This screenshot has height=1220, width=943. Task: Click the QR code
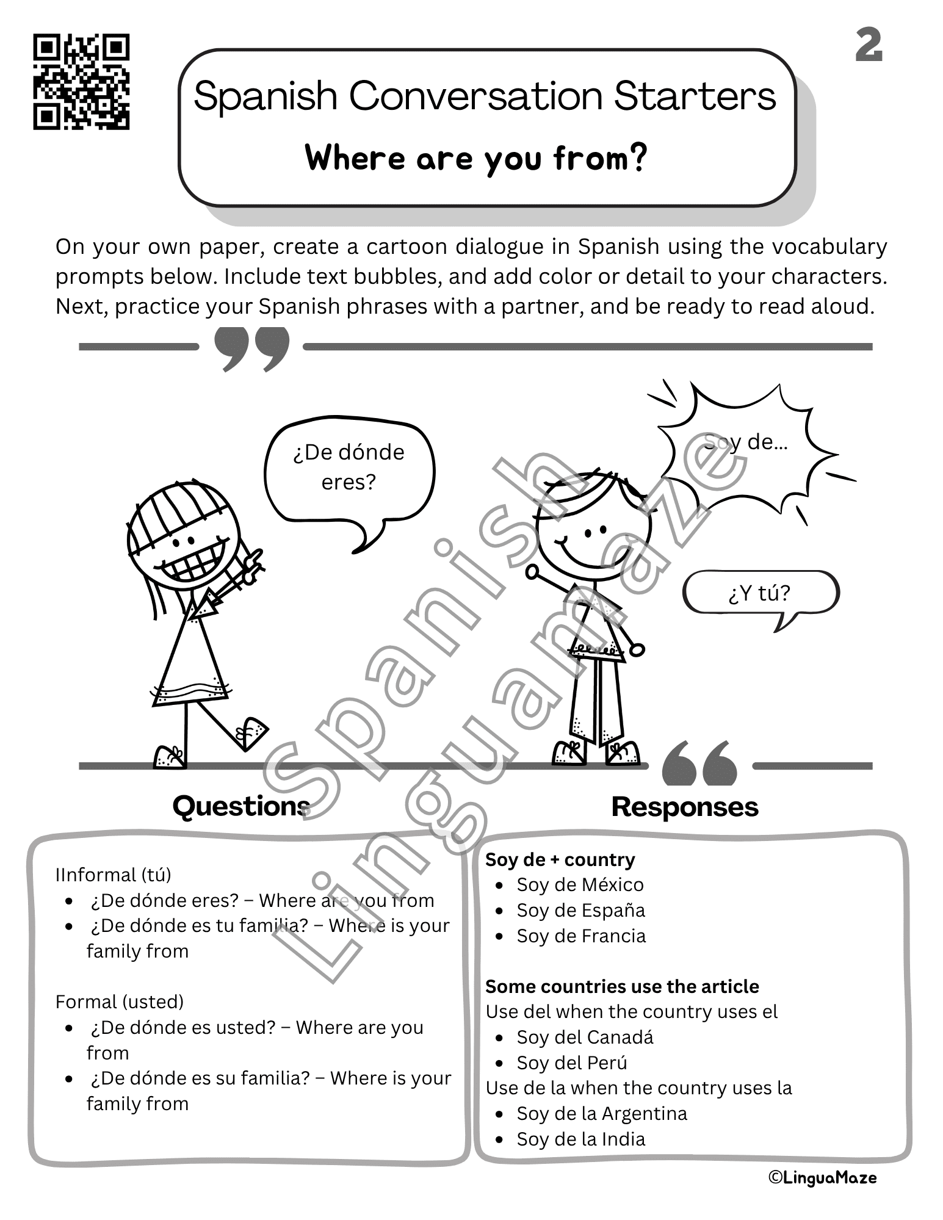click(81, 82)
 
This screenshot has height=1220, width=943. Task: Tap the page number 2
click(868, 45)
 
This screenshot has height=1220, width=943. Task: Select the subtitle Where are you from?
click(475, 158)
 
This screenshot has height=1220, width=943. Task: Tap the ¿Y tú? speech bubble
click(759, 593)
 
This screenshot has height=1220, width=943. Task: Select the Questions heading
click(242, 806)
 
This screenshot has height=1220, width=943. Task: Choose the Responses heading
click(684, 807)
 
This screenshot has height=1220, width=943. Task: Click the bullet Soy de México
click(580, 884)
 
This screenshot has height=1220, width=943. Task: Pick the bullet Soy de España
click(580, 910)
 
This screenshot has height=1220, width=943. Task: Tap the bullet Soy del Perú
click(572, 1063)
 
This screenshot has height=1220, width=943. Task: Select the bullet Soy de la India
click(580, 1139)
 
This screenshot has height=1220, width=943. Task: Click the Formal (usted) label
click(120, 1002)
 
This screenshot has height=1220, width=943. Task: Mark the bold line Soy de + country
click(560, 859)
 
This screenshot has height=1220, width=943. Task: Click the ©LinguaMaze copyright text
click(822, 1178)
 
